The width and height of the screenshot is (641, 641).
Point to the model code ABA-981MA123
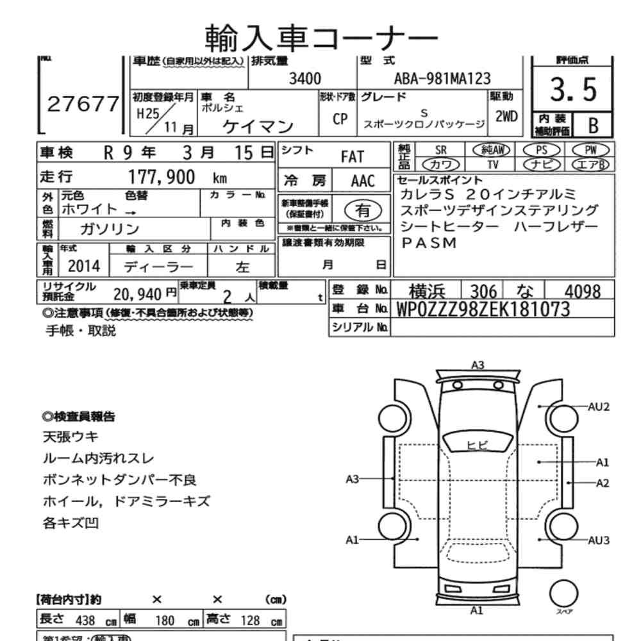(442, 79)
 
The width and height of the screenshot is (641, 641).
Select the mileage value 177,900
(162, 178)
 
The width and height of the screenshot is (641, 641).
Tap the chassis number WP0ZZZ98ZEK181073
(483, 309)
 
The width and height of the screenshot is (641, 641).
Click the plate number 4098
(579, 291)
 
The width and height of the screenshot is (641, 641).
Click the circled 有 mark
(363, 209)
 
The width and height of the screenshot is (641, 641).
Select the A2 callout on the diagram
(602, 483)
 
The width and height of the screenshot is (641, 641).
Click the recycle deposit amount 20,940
(135, 294)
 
